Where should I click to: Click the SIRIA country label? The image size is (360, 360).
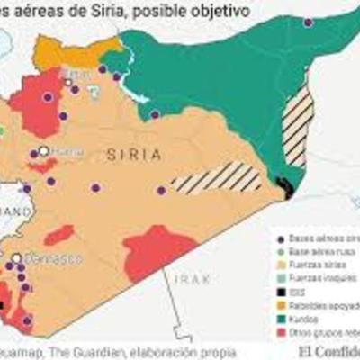tap(134, 155)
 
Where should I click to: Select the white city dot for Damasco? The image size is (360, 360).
tap(17, 258)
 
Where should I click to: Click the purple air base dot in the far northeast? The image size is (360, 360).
tap(332, 22)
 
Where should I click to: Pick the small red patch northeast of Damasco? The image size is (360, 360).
tap(59, 236)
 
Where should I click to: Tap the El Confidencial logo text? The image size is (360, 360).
tap(324, 351)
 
